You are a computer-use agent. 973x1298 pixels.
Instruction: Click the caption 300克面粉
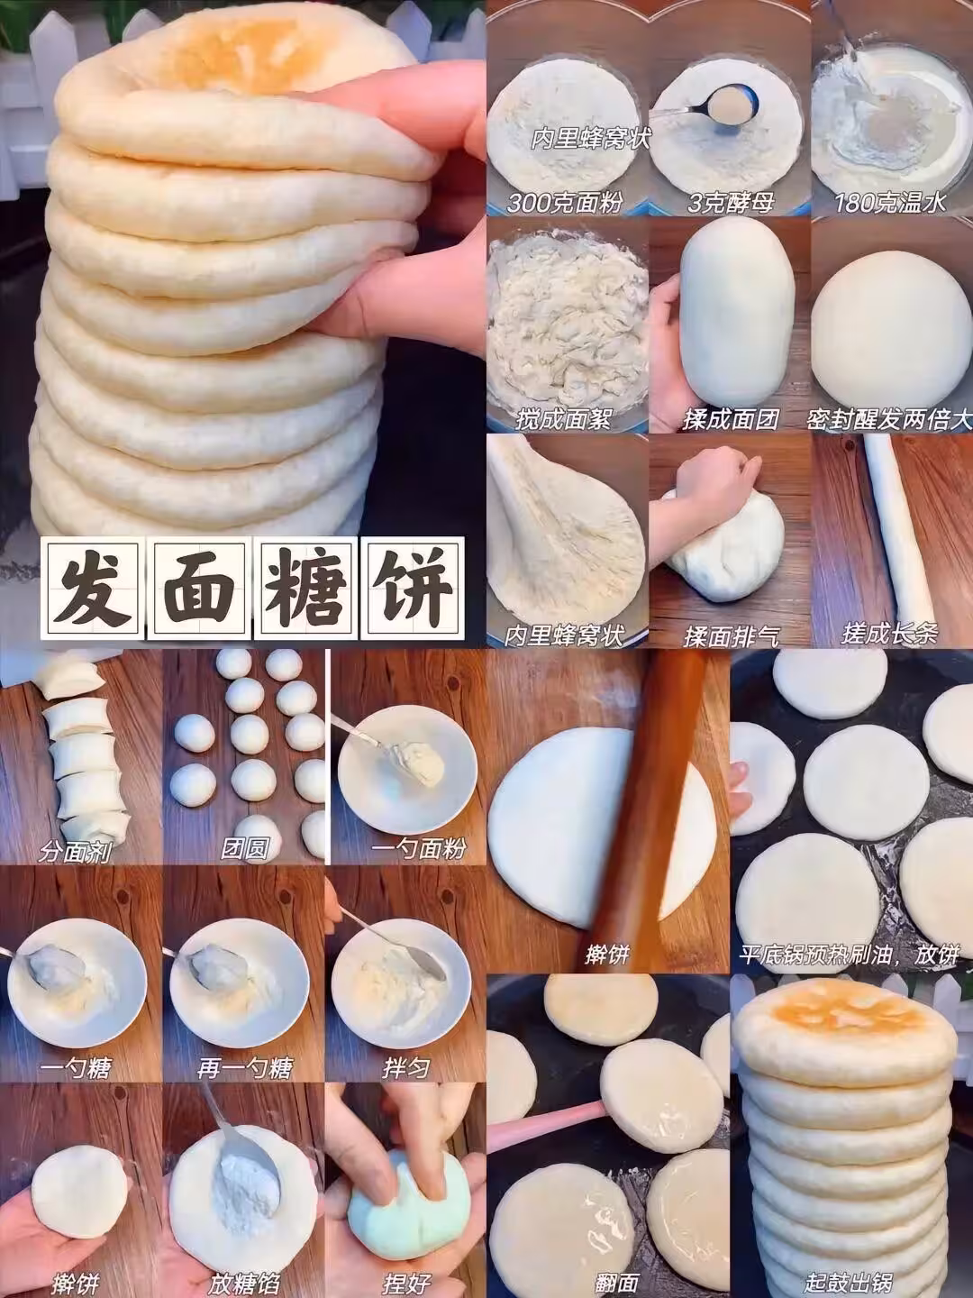click(564, 203)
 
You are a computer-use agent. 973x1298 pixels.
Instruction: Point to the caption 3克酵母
click(730, 203)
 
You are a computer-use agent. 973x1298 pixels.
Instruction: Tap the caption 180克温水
click(890, 203)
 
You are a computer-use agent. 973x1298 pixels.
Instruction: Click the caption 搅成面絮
click(563, 419)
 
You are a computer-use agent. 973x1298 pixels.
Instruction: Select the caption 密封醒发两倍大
click(890, 419)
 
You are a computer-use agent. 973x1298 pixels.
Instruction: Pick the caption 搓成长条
click(890, 635)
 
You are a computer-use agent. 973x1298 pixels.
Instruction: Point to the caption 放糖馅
click(244, 1280)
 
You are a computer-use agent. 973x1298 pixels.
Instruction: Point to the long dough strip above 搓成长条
click(897, 527)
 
